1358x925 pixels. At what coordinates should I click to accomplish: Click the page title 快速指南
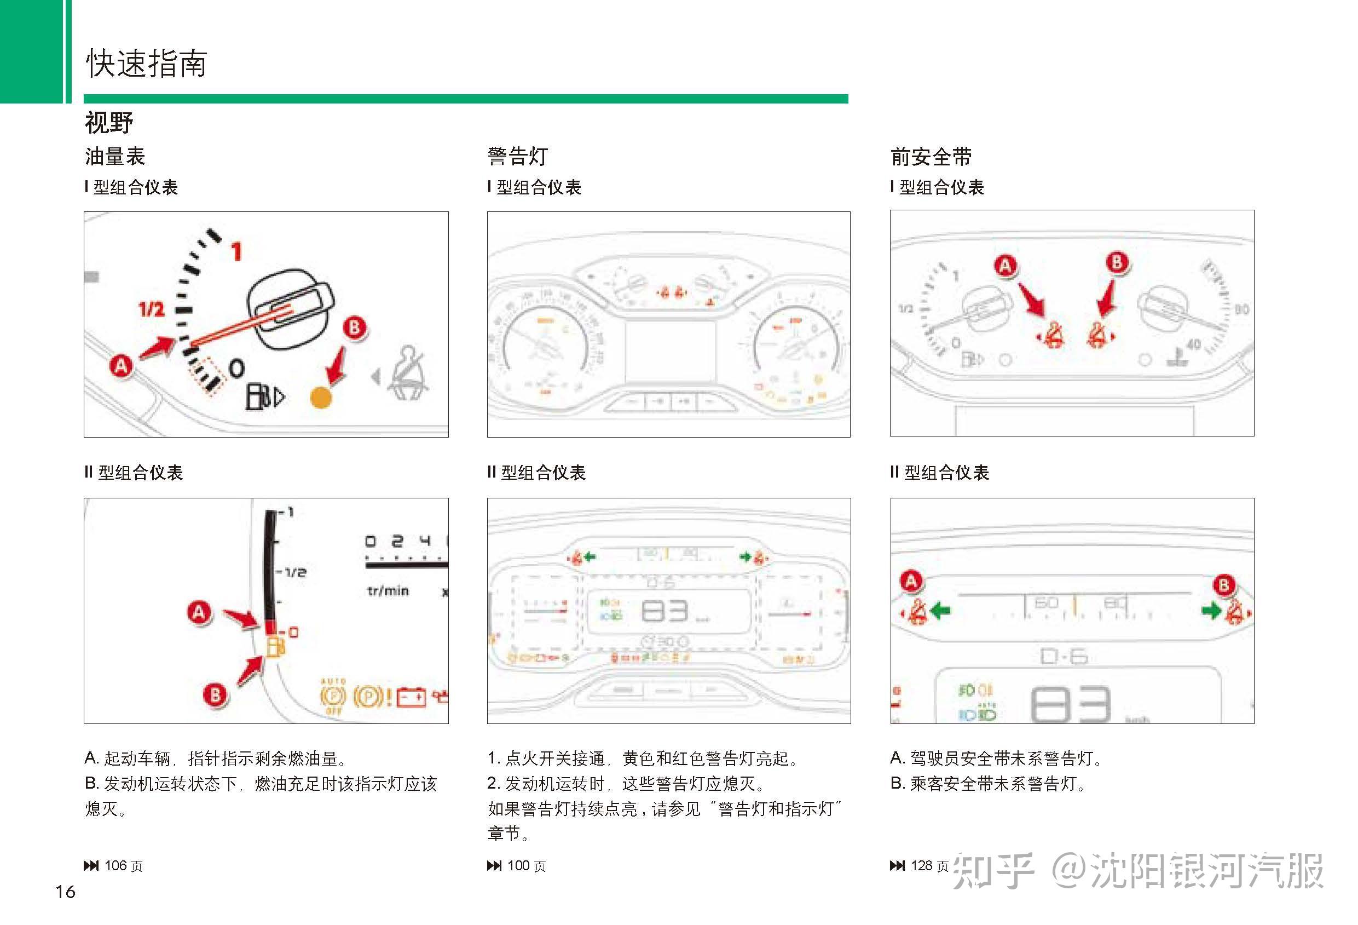pos(146,62)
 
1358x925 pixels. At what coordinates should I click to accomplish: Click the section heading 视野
pos(109,123)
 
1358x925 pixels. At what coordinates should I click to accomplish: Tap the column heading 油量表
pos(114,156)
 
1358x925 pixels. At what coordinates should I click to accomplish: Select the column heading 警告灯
pos(518,156)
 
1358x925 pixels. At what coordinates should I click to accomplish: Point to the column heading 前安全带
pos(931,157)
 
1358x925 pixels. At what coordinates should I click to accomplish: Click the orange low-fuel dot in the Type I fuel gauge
pos(320,398)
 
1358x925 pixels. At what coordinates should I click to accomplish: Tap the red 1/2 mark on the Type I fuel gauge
pos(151,309)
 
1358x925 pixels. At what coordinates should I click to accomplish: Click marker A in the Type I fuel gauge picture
pos(121,366)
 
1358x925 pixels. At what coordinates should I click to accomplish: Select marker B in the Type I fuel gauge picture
pos(354,328)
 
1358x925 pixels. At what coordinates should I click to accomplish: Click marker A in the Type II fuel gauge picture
pos(199,612)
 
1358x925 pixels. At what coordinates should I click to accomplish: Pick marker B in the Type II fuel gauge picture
pos(215,694)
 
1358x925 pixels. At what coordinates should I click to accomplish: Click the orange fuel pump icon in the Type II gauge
pos(275,647)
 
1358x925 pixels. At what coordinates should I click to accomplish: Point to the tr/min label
pos(388,591)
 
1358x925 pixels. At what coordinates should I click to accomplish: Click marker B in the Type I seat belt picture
pos(1117,262)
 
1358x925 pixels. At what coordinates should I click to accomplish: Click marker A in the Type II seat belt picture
pos(911,581)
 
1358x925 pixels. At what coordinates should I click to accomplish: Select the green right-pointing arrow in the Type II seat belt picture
pos(1211,611)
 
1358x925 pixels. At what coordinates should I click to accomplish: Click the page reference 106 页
pos(123,866)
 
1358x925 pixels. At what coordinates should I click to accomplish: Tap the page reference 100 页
pos(526,866)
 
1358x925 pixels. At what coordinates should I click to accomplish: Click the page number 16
pos(66,892)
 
